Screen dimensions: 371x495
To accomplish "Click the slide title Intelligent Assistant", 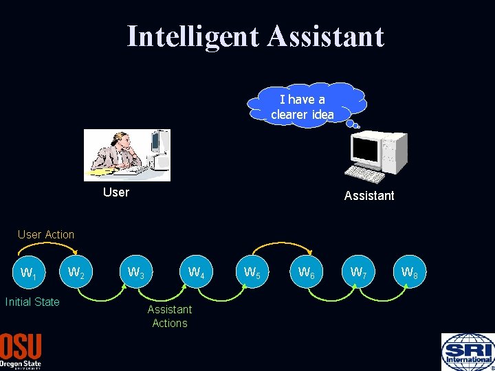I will [255, 36].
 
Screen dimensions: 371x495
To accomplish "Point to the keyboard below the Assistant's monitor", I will [364, 175].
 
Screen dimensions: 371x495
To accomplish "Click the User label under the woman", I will [115, 192].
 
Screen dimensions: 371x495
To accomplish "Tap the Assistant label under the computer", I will [369, 196].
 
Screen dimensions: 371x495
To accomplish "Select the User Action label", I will [46, 235].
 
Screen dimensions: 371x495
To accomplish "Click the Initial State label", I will [32, 302].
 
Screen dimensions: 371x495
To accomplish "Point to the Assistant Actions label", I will [170, 316].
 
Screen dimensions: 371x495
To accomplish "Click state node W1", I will [29, 273].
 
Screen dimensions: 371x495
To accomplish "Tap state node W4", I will [197, 273].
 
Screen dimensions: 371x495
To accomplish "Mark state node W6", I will [307, 273].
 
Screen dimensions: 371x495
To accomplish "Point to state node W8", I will [410, 273].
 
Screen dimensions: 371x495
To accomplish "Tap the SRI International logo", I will [467, 352].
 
